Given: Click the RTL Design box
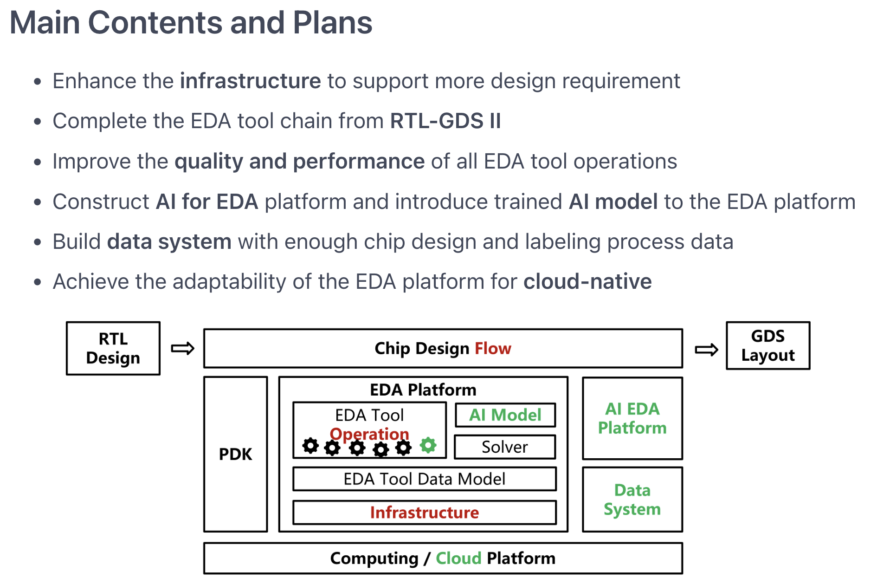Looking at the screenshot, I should tap(113, 348).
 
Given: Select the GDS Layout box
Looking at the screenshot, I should tap(768, 345).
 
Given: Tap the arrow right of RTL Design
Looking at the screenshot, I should tap(182, 348).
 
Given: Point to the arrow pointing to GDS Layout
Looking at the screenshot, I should tap(706, 350).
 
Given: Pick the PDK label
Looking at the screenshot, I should tap(235, 454).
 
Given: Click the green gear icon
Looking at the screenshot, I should tap(428, 445).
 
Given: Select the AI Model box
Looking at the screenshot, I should tap(505, 415).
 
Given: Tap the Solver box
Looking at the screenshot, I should tap(505, 447).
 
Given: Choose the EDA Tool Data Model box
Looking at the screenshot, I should tap(424, 479).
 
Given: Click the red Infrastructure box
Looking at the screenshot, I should tap(424, 512).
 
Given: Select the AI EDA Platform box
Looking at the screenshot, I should tap(632, 418).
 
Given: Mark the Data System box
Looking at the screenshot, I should tap(632, 500).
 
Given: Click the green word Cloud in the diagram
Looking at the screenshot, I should tap(458, 558).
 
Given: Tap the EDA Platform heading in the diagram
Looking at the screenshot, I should tap(423, 390).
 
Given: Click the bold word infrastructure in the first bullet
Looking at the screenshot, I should tap(250, 81).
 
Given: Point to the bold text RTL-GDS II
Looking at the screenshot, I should tap(445, 121).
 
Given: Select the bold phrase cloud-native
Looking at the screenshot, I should tap(587, 282).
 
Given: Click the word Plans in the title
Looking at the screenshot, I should tap(332, 22).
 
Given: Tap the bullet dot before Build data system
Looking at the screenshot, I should tap(38, 242).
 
